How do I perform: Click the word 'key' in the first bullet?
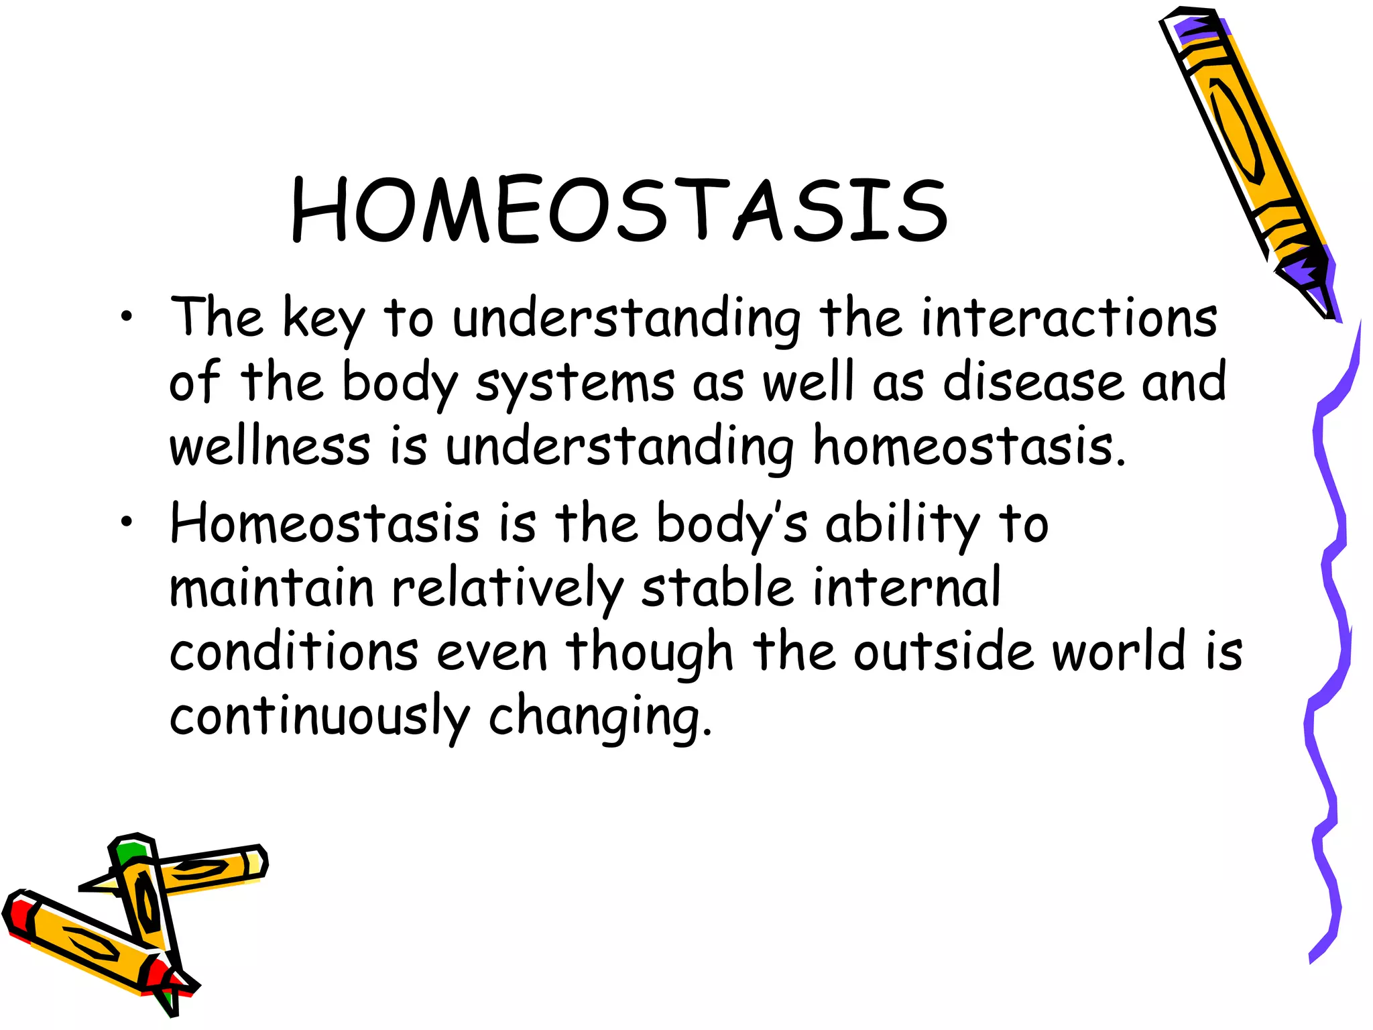click(x=323, y=321)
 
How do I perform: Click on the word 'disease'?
click(x=1032, y=382)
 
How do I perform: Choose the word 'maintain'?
click(x=271, y=588)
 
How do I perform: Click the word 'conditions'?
click(x=294, y=652)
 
